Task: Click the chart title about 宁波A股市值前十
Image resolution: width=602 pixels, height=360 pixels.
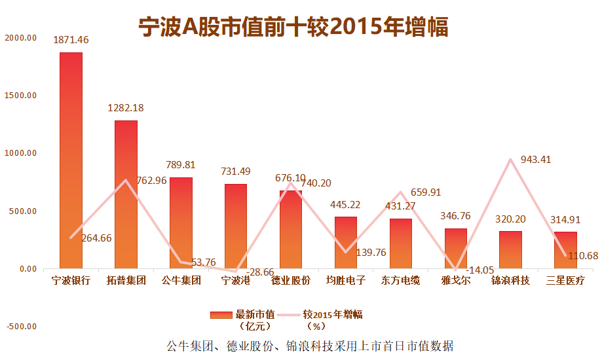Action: click(x=293, y=27)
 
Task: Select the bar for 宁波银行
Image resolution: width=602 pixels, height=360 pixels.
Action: click(x=71, y=160)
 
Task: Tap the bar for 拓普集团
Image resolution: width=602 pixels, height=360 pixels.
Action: click(x=126, y=194)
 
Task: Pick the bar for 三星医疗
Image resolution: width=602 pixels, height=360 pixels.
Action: click(x=565, y=250)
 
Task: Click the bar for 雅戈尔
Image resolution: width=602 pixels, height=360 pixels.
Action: click(x=455, y=248)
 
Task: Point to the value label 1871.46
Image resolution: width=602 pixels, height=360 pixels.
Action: click(x=71, y=41)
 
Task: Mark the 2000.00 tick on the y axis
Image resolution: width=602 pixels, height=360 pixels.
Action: click(x=20, y=38)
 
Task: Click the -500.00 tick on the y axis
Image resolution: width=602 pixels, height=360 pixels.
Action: click(x=20, y=327)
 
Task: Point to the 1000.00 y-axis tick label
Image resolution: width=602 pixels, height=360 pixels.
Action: click(x=20, y=153)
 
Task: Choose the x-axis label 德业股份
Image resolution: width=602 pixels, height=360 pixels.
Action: click(x=291, y=281)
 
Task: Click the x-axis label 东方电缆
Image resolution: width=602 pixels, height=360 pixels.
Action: click(x=400, y=281)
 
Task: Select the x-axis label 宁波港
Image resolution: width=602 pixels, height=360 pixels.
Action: click(x=236, y=281)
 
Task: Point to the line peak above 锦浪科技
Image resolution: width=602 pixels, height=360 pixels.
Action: click(x=510, y=159)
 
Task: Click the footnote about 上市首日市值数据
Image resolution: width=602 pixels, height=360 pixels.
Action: click(x=309, y=346)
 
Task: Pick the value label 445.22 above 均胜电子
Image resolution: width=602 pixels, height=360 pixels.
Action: click(x=346, y=206)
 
